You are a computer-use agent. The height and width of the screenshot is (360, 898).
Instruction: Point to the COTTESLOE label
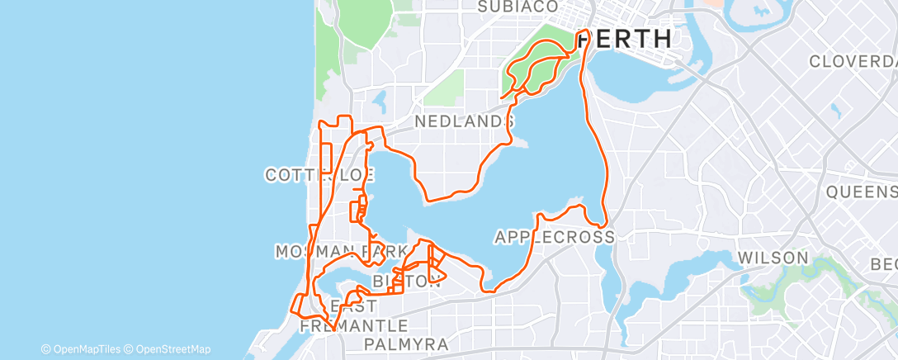[320, 174]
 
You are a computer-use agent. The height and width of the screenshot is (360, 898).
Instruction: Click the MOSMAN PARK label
[342, 251]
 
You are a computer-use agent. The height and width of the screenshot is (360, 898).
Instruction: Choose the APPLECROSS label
[555, 237]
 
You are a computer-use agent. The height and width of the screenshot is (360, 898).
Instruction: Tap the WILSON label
[773, 258]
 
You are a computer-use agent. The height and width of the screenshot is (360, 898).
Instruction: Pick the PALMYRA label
[405, 343]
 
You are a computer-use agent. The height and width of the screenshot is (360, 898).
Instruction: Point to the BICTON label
[404, 282]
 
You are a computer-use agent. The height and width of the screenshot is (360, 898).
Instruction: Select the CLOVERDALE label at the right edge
[852, 62]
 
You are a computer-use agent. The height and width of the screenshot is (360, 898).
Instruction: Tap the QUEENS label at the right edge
[862, 192]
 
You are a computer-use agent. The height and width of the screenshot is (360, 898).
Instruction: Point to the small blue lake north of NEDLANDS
[380, 101]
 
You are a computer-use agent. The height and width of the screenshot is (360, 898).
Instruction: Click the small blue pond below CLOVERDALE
[834, 109]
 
